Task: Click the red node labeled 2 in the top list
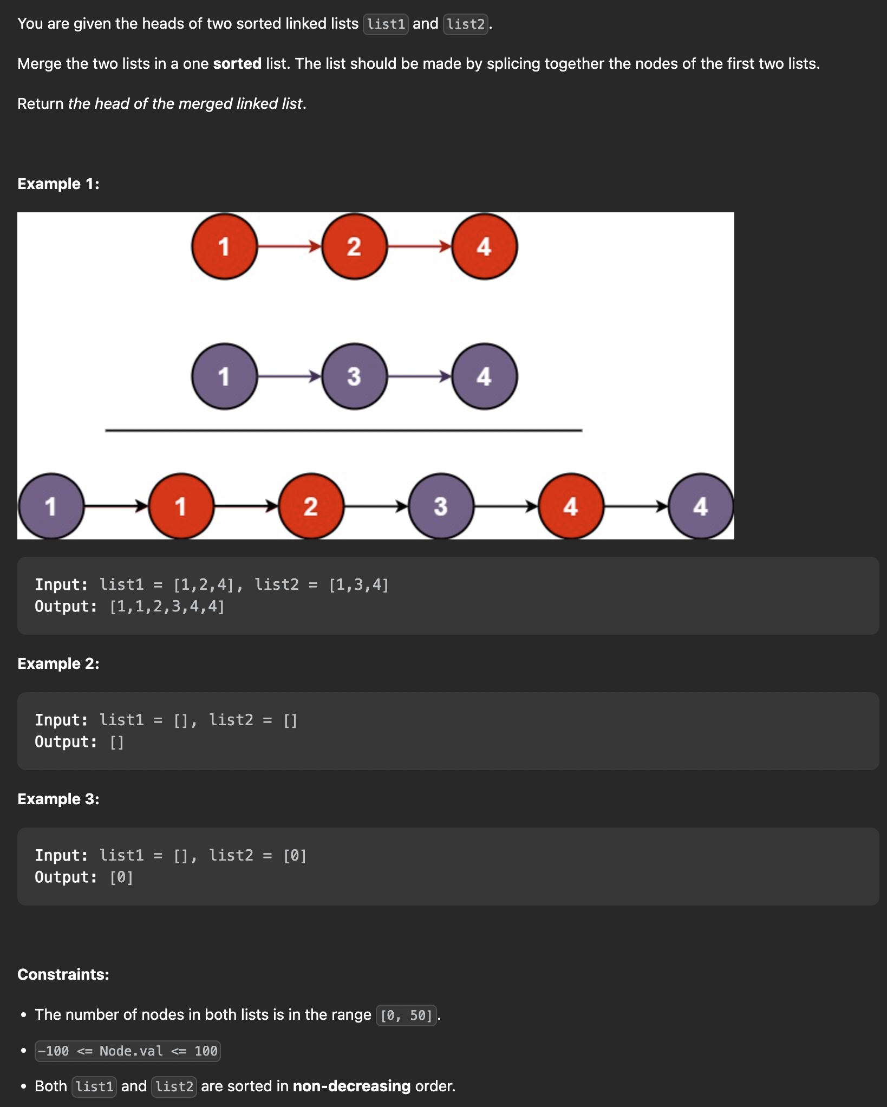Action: (x=355, y=246)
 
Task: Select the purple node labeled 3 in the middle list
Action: (x=355, y=376)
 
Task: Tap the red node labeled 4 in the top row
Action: (x=485, y=246)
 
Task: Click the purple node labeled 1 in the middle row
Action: (x=225, y=376)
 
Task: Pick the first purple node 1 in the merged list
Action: (x=51, y=506)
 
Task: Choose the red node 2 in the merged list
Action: (x=311, y=506)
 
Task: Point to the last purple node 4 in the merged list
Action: (x=701, y=506)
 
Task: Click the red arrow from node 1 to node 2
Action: (x=290, y=246)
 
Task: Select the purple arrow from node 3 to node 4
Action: (x=420, y=376)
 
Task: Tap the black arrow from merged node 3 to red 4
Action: (x=506, y=506)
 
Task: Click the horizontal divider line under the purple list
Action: (x=343, y=431)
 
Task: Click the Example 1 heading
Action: (x=58, y=184)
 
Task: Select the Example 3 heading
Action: (x=58, y=799)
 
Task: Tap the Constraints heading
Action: (x=63, y=975)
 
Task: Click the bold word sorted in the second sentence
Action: (x=237, y=64)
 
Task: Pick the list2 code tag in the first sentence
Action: (x=466, y=24)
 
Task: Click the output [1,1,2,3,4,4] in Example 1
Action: (x=167, y=607)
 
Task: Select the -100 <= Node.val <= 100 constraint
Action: (x=128, y=1051)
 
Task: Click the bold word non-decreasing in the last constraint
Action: (x=351, y=1086)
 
